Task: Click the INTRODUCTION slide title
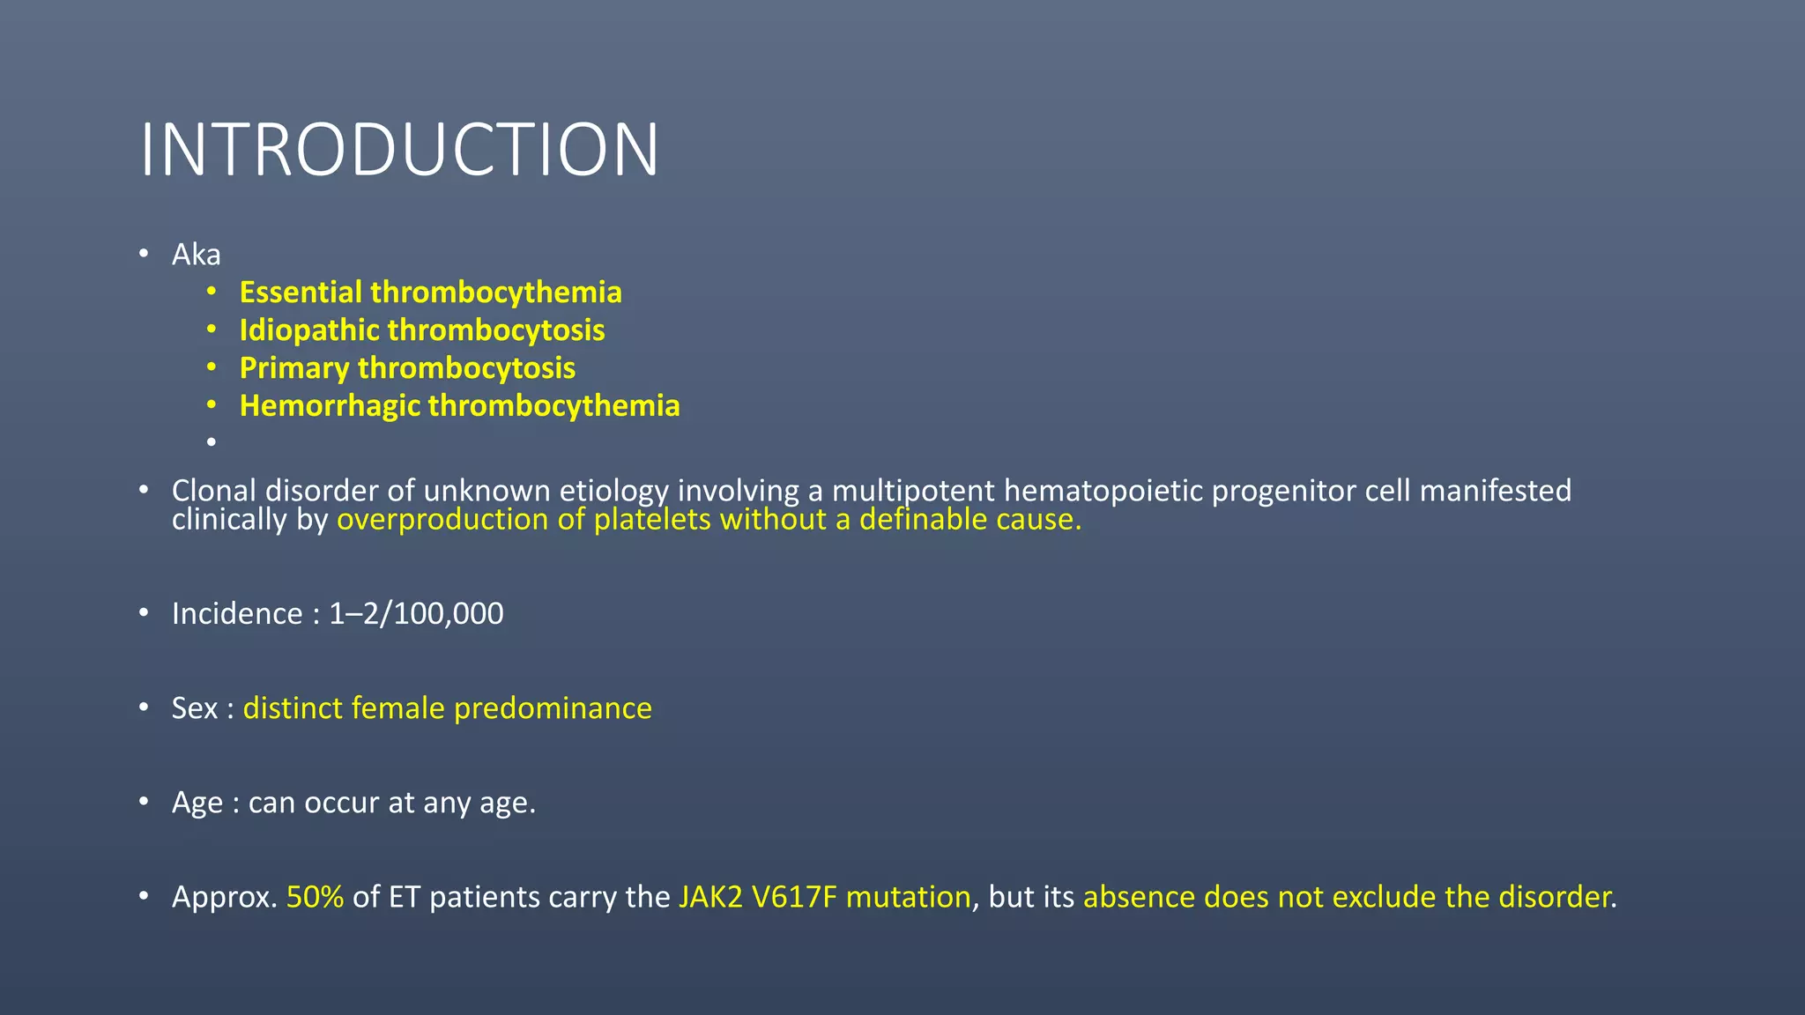[x=399, y=150]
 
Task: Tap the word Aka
[x=196, y=255]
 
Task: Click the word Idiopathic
[x=309, y=330]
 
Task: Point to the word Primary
[x=294, y=368]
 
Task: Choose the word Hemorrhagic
[x=330, y=406]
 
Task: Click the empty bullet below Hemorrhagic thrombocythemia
[x=212, y=441]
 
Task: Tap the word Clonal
[x=214, y=491]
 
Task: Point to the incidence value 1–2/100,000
[x=416, y=614]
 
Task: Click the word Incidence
[x=237, y=614]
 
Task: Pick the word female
[x=397, y=708]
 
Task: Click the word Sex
[x=194, y=708]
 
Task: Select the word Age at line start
[x=197, y=804]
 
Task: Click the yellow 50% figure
[x=315, y=897]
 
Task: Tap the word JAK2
[x=710, y=897]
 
